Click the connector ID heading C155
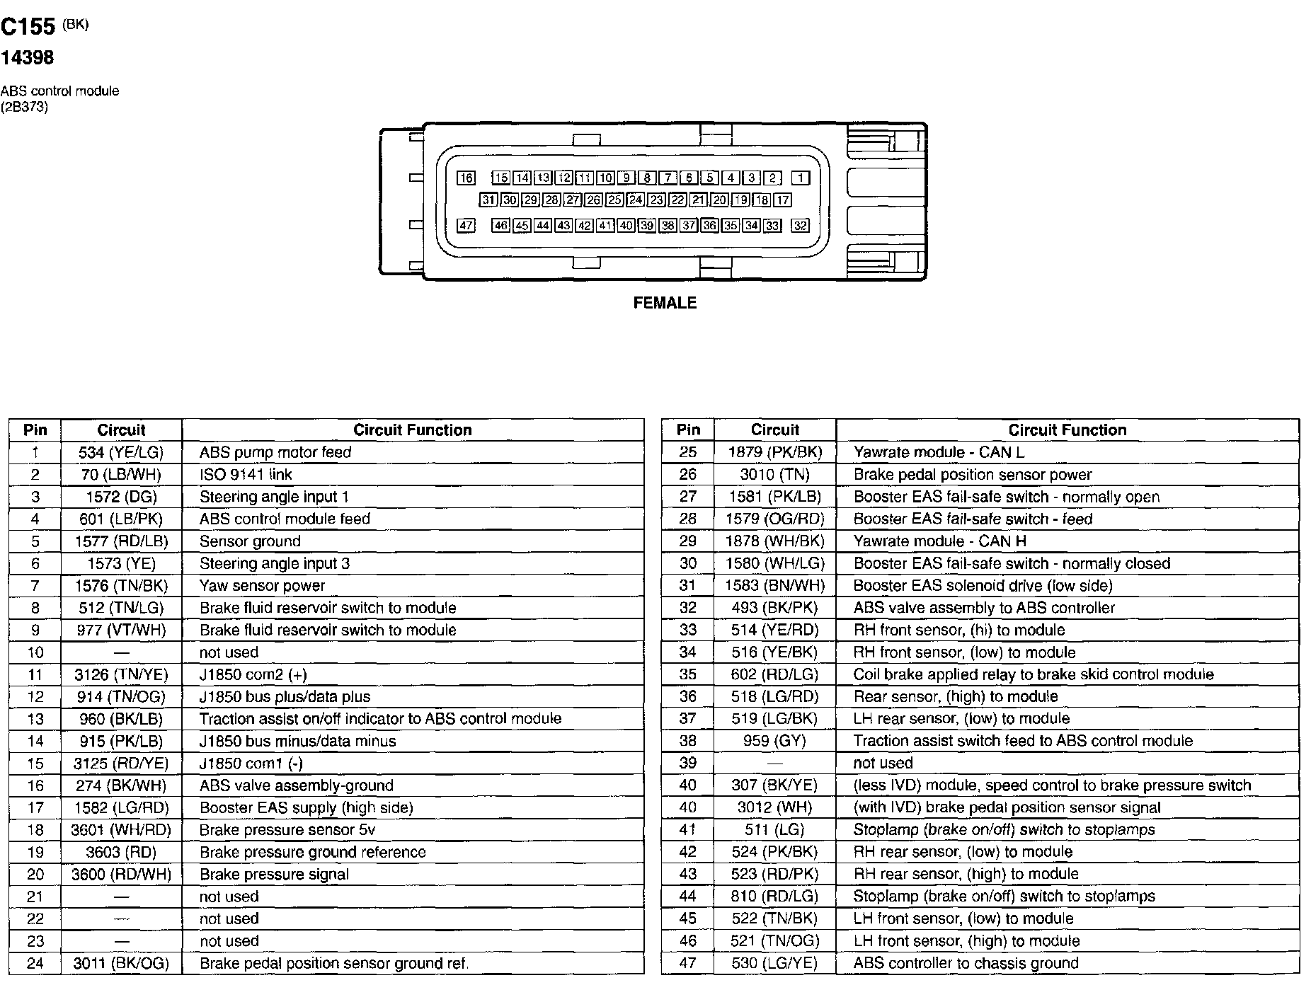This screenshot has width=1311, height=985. [x=28, y=27]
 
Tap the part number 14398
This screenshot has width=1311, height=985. [x=27, y=58]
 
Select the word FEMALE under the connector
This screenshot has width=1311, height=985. [x=665, y=303]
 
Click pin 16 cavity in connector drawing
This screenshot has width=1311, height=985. [x=466, y=178]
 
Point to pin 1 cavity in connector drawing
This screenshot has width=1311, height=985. [x=800, y=178]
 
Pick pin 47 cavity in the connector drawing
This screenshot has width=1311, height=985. [x=466, y=226]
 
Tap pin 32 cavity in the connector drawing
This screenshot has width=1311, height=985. [x=800, y=226]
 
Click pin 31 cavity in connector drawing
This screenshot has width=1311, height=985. [x=488, y=200]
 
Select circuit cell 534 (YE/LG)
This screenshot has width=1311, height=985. [x=121, y=452]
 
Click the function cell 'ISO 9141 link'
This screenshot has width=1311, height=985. [x=246, y=474]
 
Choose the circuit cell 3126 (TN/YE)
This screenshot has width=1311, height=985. [x=121, y=674]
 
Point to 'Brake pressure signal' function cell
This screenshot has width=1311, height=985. [x=274, y=874]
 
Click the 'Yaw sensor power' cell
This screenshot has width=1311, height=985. [x=262, y=585]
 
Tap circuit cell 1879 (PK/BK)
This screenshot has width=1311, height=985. [x=774, y=452]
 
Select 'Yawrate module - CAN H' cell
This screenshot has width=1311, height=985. [x=939, y=541]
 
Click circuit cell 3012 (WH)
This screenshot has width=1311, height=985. [x=774, y=807]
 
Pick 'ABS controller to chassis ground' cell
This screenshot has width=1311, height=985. [x=966, y=963]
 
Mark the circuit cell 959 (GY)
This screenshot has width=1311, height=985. [x=774, y=741]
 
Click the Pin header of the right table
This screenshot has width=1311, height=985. [x=688, y=430]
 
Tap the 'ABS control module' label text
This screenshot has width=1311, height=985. [x=59, y=91]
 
